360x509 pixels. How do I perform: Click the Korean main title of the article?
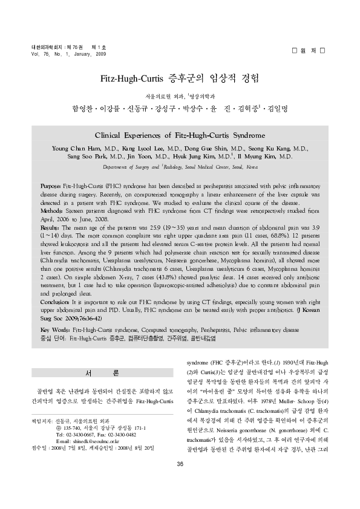180,79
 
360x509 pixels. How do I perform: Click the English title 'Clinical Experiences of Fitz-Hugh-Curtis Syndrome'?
180,135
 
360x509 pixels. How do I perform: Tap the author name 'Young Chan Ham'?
76,148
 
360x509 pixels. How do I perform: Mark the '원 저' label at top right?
309,48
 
